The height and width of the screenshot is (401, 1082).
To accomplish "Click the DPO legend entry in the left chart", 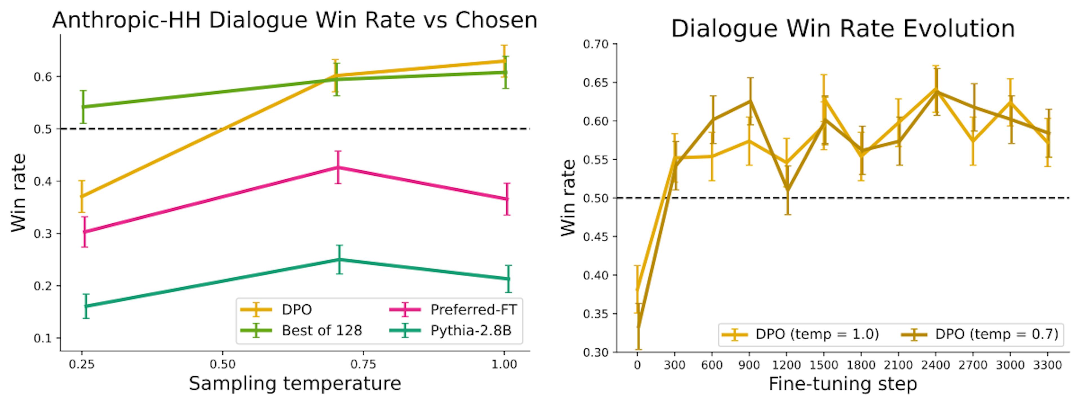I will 296,310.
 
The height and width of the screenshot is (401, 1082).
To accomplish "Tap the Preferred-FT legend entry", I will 473,310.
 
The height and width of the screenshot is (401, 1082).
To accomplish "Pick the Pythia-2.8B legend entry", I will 471,331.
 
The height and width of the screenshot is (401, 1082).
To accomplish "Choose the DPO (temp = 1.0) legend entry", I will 817,334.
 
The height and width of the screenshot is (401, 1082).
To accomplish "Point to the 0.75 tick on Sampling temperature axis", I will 363,364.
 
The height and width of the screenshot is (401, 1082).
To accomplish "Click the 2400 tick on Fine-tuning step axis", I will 936,365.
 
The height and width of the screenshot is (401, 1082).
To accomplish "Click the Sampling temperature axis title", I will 295,383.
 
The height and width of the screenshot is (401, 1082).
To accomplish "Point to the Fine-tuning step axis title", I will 842,384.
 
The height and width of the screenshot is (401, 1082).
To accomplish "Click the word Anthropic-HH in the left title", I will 126,20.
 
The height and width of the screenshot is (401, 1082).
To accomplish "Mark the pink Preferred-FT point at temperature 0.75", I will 338,167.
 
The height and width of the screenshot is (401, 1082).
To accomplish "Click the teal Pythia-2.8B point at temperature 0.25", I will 86,306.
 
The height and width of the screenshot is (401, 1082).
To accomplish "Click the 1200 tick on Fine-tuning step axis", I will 787,365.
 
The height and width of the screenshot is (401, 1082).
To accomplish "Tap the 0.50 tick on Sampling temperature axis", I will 222,364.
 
